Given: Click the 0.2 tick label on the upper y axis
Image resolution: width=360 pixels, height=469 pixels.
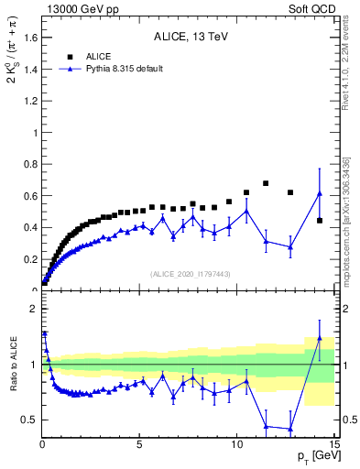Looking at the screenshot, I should pyautogui.click(x=27, y=259).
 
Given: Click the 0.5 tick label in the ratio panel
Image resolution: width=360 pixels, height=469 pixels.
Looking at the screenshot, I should pyautogui.click(x=27, y=420).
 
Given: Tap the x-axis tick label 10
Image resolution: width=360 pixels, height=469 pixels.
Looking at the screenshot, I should pyautogui.click(x=237, y=445).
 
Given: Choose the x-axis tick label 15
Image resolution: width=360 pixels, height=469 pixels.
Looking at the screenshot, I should pyautogui.click(x=333, y=445).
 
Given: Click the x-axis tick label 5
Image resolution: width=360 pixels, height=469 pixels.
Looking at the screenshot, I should pyautogui.click(x=139, y=445).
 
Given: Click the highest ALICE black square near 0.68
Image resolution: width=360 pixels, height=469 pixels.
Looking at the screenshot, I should pyautogui.click(x=266, y=183).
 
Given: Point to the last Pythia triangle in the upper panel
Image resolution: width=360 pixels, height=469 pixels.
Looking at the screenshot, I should pyautogui.click(x=319, y=193).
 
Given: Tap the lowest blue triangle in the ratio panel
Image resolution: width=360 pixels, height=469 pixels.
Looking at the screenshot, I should pyautogui.click(x=290, y=429).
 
